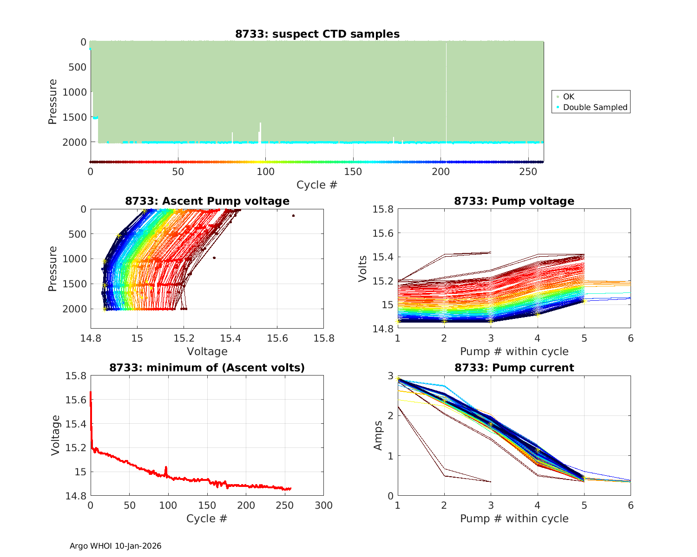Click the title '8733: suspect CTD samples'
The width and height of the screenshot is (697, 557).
(x=317, y=34)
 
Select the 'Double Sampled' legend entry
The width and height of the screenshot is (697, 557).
(x=595, y=107)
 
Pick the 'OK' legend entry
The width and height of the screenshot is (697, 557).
(x=568, y=97)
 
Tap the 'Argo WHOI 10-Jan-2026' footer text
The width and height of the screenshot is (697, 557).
(x=115, y=546)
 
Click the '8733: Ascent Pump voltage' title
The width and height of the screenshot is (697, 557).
(x=207, y=201)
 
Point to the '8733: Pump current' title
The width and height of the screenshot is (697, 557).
(x=514, y=368)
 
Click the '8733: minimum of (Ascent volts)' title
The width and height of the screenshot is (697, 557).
(x=207, y=368)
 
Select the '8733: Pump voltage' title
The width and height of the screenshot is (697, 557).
(x=514, y=201)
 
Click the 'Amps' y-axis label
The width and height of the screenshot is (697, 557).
(x=378, y=435)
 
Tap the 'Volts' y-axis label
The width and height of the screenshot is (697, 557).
(x=363, y=269)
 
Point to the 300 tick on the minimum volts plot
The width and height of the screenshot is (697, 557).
(x=323, y=505)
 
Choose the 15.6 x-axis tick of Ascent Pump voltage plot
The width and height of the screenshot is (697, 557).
(x=277, y=338)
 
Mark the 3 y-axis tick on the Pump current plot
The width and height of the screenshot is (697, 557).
(x=390, y=376)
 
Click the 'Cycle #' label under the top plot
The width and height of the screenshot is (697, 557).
(x=317, y=185)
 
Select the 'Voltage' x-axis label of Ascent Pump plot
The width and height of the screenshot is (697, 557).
(x=207, y=351)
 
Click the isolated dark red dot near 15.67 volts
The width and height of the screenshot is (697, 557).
(x=293, y=215)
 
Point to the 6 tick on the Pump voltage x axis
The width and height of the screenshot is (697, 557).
(x=631, y=338)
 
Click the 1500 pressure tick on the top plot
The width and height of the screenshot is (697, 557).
(x=74, y=117)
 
